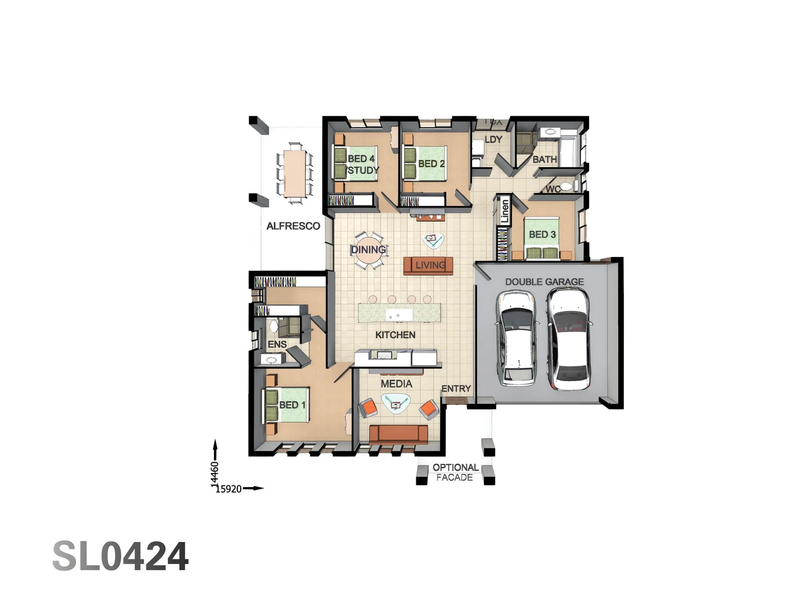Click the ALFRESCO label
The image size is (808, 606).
(x=293, y=226)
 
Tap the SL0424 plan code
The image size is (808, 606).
(x=120, y=557)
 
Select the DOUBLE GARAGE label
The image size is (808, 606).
(x=544, y=282)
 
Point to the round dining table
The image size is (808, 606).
(x=369, y=250)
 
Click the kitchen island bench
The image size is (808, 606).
(x=400, y=313)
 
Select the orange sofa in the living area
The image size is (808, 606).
(x=428, y=265)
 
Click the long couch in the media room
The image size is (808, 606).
(x=398, y=434)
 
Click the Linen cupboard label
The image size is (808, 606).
(x=504, y=211)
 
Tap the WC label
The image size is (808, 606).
(x=553, y=189)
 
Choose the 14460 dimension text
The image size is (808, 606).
(x=214, y=474)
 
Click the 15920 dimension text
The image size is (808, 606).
(x=229, y=489)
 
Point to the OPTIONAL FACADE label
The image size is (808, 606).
(x=455, y=472)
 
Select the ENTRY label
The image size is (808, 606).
(x=456, y=388)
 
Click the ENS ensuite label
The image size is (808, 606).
(x=277, y=345)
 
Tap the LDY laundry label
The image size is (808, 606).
(x=493, y=139)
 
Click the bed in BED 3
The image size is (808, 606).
(x=542, y=238)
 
